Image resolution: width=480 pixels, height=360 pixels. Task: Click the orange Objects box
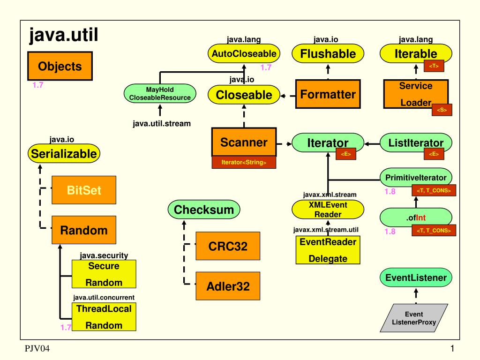[60, 66]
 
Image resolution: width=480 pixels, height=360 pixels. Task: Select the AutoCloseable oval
[244, 54]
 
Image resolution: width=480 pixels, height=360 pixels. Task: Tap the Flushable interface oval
[328, 54]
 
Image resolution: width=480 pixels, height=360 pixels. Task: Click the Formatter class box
[328, 95]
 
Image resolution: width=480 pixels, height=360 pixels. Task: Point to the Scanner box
[244, 142]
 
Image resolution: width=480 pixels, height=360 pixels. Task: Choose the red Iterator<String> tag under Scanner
[244, 163]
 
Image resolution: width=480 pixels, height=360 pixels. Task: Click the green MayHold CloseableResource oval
[160, 94]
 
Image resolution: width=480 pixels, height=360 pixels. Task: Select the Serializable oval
[64, 153]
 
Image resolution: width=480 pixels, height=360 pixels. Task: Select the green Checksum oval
[204, 210]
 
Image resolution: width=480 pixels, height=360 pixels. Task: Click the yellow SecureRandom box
[104, 274]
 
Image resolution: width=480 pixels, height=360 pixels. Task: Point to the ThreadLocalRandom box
[104, 317]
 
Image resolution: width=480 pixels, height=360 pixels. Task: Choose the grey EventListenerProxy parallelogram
[413, 318]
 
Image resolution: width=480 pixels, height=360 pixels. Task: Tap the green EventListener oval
[416, 277]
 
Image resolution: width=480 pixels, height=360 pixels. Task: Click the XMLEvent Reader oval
[328, 210]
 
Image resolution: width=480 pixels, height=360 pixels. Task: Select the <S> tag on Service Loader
[442, 110]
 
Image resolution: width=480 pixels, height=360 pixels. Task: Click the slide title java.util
[63, 35]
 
